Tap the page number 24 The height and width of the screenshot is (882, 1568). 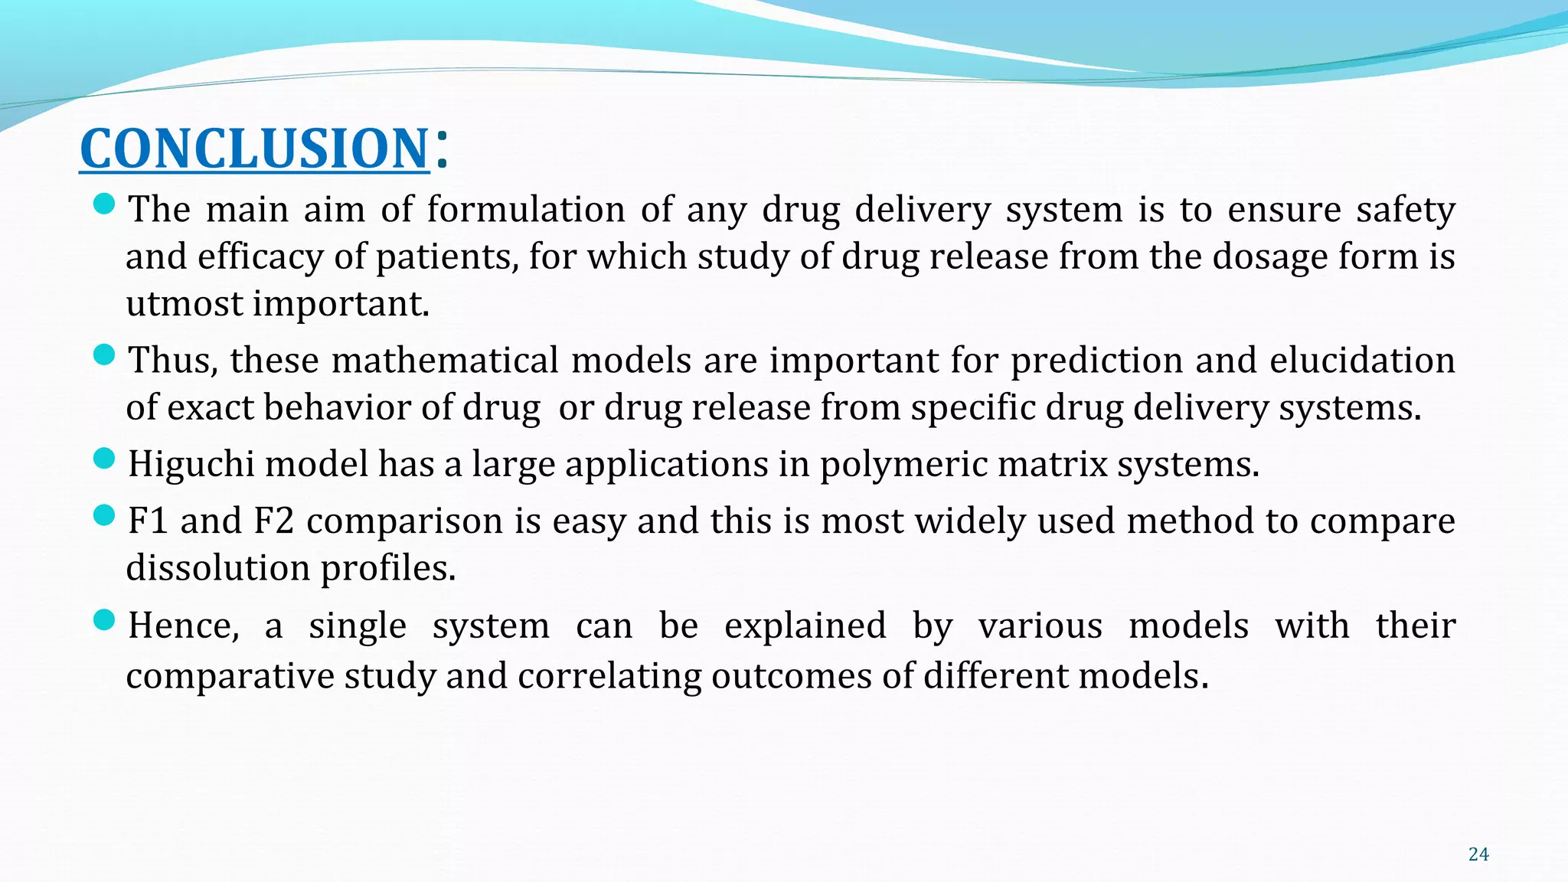1478,854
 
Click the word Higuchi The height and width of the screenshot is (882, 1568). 191,464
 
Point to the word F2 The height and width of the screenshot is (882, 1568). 273,521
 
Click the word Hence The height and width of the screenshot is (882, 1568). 183,626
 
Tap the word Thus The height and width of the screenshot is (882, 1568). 172,360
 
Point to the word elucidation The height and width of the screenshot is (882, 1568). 1362,360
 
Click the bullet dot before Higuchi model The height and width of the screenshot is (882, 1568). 103,459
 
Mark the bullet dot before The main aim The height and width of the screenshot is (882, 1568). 103,204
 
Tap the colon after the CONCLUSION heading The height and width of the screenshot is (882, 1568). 441,148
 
